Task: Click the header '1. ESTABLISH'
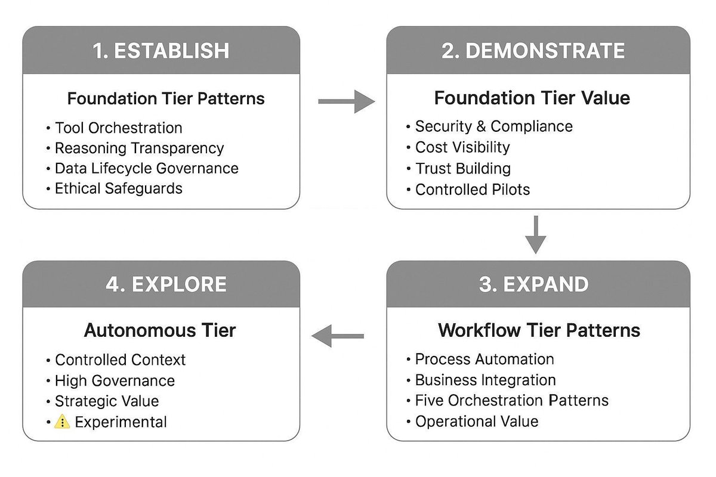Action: [161, 51]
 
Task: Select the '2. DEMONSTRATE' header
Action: [533, 51]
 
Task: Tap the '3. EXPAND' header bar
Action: [533, 284]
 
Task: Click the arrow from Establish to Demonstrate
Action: [346, 102]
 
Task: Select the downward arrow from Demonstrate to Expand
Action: [536, 234]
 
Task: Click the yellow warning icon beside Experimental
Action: [62, 422]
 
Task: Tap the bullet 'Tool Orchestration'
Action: [118, 128]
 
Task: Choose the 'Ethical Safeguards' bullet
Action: [118, 188]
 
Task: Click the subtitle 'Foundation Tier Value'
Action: [532, 98]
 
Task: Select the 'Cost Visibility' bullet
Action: [462, 147]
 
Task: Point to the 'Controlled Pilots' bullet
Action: [472, 190]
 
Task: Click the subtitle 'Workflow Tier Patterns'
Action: [539, 330]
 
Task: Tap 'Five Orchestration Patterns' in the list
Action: [511, 400]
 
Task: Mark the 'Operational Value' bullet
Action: [476, 422]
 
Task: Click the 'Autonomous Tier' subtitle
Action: [160, 330]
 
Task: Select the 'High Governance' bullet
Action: [115, 380]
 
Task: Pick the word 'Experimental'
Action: [121, 422]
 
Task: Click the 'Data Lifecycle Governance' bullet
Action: [146, 168]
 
